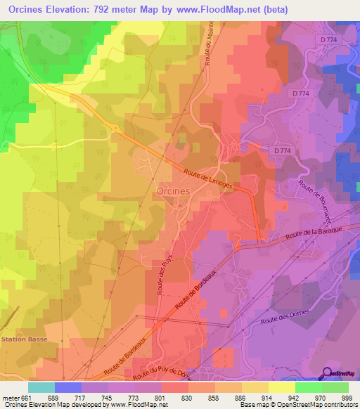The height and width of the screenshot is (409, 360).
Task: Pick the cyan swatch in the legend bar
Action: [x=41, y=387]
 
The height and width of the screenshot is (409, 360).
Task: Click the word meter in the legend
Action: [x=12, y=398]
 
